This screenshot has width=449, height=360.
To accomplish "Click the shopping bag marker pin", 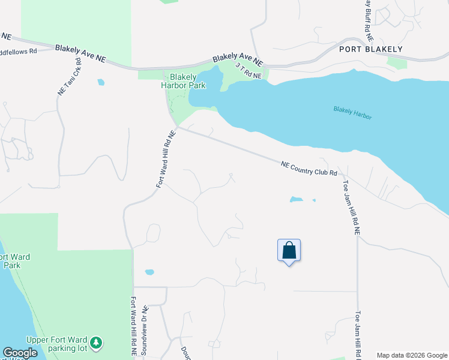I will tap(289, 251).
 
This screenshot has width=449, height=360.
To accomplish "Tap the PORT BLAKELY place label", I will tap(370, 49).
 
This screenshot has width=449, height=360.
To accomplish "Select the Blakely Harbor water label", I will tap(352, 113).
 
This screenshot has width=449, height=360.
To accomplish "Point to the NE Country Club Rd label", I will tap(310, 168).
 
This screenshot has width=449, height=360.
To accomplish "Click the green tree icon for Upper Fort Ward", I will tap(95, 344).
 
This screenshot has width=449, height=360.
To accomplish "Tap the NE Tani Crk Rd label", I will tap(68, 77).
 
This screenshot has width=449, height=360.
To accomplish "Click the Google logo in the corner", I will tap(20, 353).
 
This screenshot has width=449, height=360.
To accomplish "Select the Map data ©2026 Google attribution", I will tap(411, 355).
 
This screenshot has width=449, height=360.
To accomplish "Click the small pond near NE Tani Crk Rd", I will tap(100, 82).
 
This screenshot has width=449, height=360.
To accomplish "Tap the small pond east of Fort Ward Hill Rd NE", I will tap(149, 272).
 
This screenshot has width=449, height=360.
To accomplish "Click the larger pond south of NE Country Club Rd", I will tap(296, 199).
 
